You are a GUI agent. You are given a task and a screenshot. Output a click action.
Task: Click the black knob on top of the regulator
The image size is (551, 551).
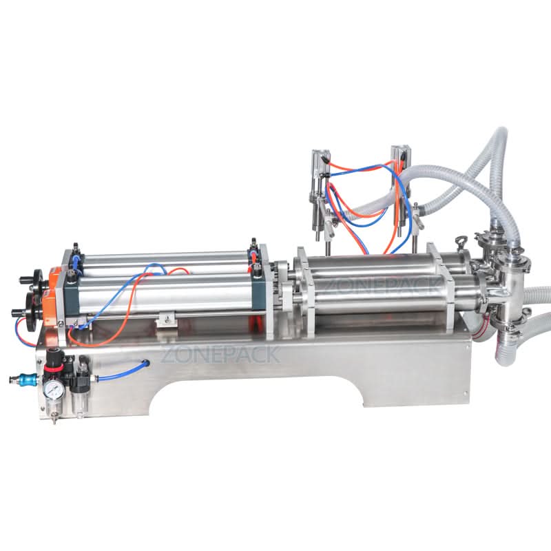click(53, 357)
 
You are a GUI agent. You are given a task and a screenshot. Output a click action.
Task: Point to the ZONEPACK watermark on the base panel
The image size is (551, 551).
click(220, 354)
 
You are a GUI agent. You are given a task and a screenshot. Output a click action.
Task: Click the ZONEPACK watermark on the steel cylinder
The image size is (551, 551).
click(380, 287)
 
